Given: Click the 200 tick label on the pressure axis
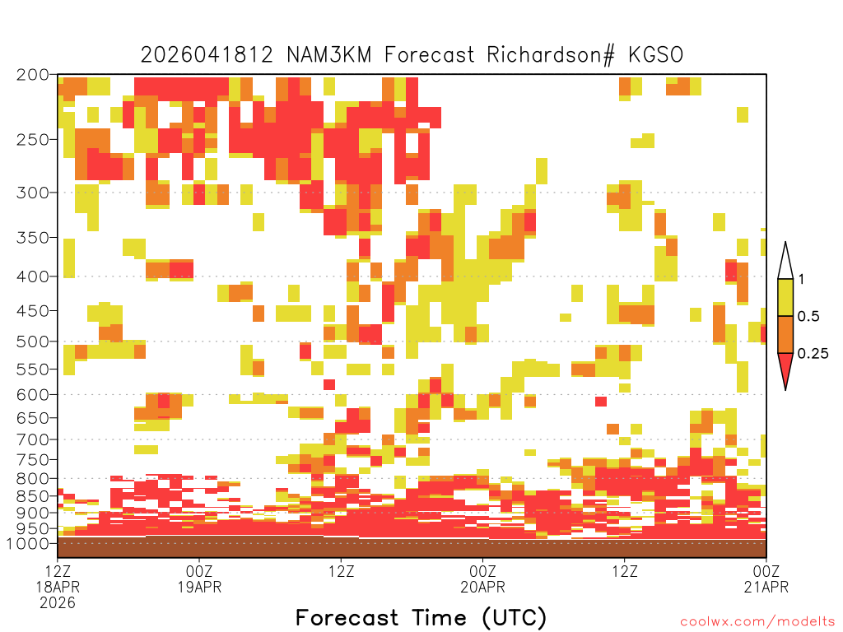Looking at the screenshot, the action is [x=33, y=75].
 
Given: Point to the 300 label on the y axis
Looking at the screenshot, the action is [x=33, y=193].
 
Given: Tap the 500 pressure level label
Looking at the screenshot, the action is [x=33, y=342].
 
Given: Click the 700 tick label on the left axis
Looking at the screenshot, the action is [x=33, y=439].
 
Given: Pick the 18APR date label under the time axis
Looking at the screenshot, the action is [x=58, y=587].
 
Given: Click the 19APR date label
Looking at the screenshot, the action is [x=199, y=587].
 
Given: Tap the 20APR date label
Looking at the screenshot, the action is [x=482, y=587].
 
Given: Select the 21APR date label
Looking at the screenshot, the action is [x=766, y=587].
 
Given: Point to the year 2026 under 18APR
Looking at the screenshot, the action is [x=58, y=603].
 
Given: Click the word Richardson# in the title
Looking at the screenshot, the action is [x=551, y=55].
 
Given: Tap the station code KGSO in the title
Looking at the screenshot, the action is [x=656, y=55].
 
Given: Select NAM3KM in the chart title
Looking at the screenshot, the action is [x=329, y=55].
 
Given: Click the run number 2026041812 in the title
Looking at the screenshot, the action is [x=207, y=55].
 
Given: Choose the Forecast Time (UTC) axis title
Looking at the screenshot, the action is [x=421, y=618].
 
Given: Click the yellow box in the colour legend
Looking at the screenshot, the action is [x=785, y=297].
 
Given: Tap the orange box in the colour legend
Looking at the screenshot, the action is [x=785, y=334].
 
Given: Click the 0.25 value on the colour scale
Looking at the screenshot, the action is [x=813, y=354].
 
